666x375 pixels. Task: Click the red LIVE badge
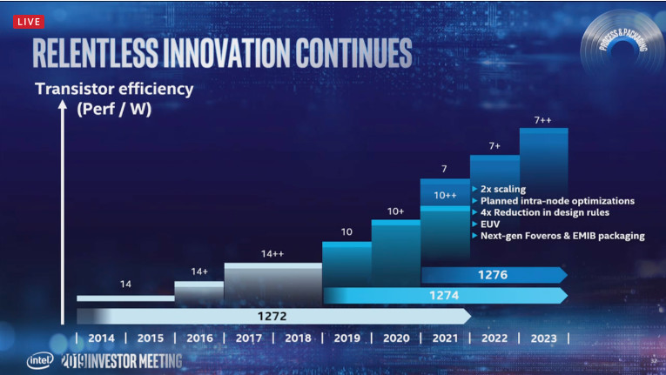(29, 22)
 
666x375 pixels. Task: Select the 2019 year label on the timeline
(346, 338)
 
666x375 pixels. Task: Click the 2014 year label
(101, 338)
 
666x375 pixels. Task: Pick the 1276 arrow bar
(493, 275)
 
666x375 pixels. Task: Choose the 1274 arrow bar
(444, 296)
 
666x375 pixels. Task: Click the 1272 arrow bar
(273, 316)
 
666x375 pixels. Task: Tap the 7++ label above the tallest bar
(544, 119)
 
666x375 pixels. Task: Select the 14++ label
(272, 254)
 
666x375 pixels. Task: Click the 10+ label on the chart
(396, 211)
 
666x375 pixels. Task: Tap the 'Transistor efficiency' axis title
(113, 89)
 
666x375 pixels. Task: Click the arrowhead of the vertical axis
(61, 104)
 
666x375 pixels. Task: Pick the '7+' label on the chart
(494, 145)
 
